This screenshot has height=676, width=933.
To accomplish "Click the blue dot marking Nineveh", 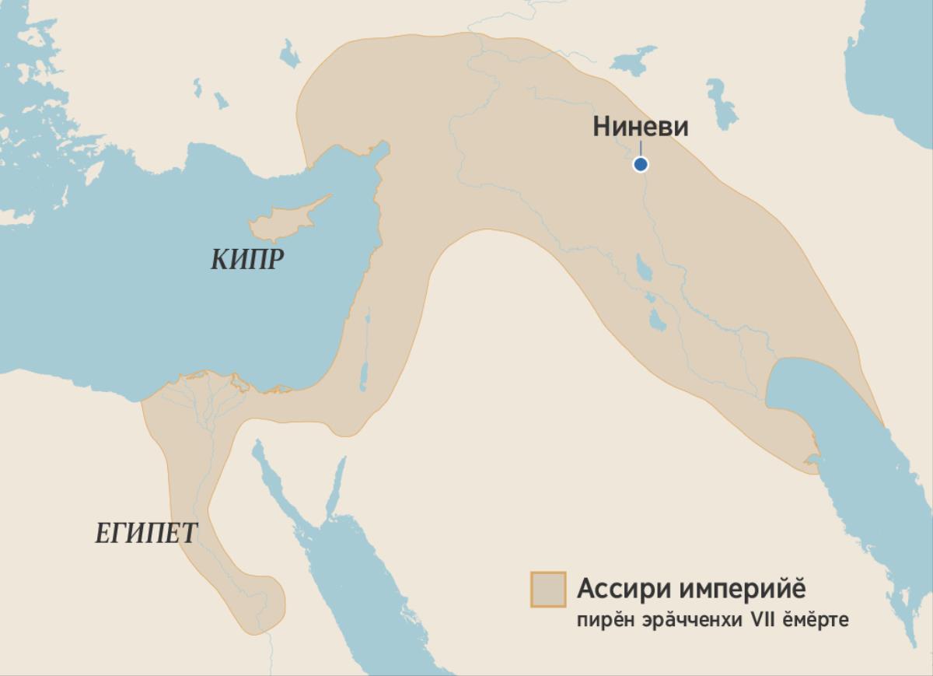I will [x=640, y=164].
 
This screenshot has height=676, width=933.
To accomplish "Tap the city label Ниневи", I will [x=640, y=126].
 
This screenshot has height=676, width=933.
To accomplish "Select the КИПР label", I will [x=246, y=260].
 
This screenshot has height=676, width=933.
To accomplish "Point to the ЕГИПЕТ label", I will [x=146, y=534].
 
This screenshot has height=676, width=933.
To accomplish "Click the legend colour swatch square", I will [x=547, y=589].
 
